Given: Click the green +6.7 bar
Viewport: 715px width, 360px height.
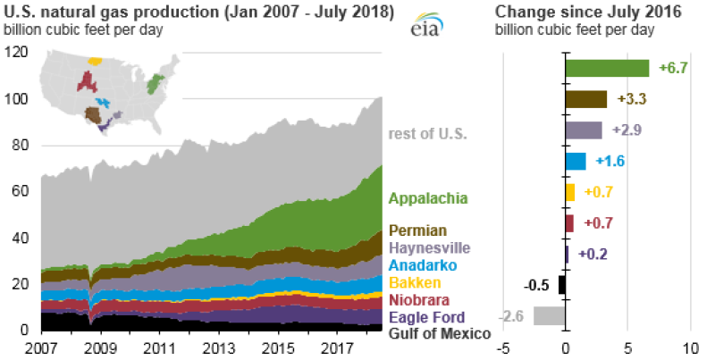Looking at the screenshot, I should [x=607, y=69].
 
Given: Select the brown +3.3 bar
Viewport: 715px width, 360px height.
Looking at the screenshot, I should [x=586, y=99].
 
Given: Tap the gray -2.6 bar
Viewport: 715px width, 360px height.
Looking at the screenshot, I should [x=549, y=315].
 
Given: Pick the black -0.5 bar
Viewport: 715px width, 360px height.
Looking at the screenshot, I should [x=562, y=285].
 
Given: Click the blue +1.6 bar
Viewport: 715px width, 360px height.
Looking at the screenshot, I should [x=576, y=162].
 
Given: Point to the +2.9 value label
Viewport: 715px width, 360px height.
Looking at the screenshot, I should [x=627, y=130].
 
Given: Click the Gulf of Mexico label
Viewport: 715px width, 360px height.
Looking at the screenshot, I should [x=440, y=333].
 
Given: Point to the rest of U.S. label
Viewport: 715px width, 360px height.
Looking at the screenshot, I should [x=427, y=134].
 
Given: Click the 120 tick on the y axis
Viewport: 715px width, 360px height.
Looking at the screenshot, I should [x=18, y=53].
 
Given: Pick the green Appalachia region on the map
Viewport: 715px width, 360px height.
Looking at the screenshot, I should [x=155, y=85].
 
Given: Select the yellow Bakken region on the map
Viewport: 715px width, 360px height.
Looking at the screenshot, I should [x=96, y=62].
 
